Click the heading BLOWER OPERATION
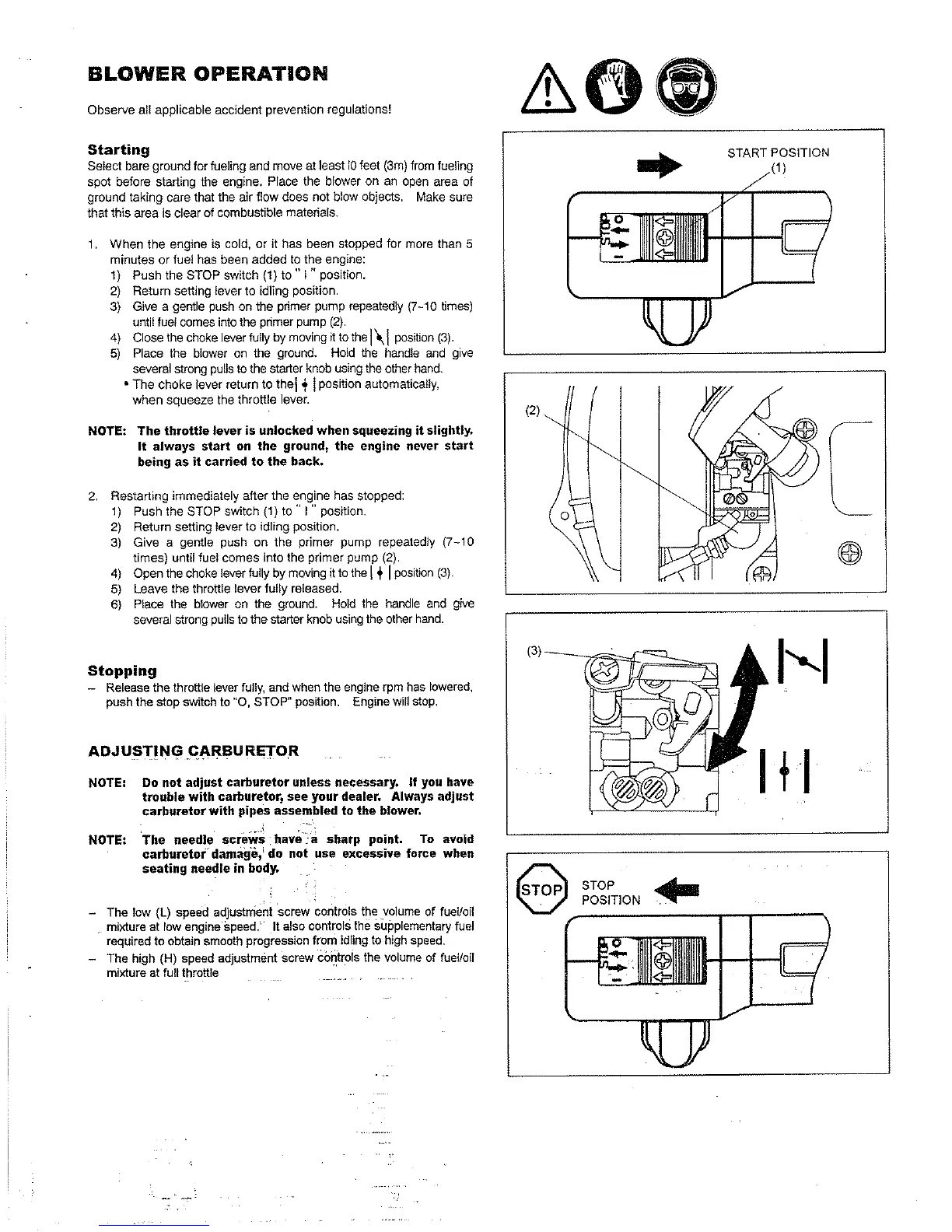207,74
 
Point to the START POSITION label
778,152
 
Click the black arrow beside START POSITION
659,165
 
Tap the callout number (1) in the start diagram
779,170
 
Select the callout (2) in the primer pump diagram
532,411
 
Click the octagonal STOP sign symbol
542,891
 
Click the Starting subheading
118,149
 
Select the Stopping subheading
122,670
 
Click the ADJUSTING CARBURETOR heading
192,751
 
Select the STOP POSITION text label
611,893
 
